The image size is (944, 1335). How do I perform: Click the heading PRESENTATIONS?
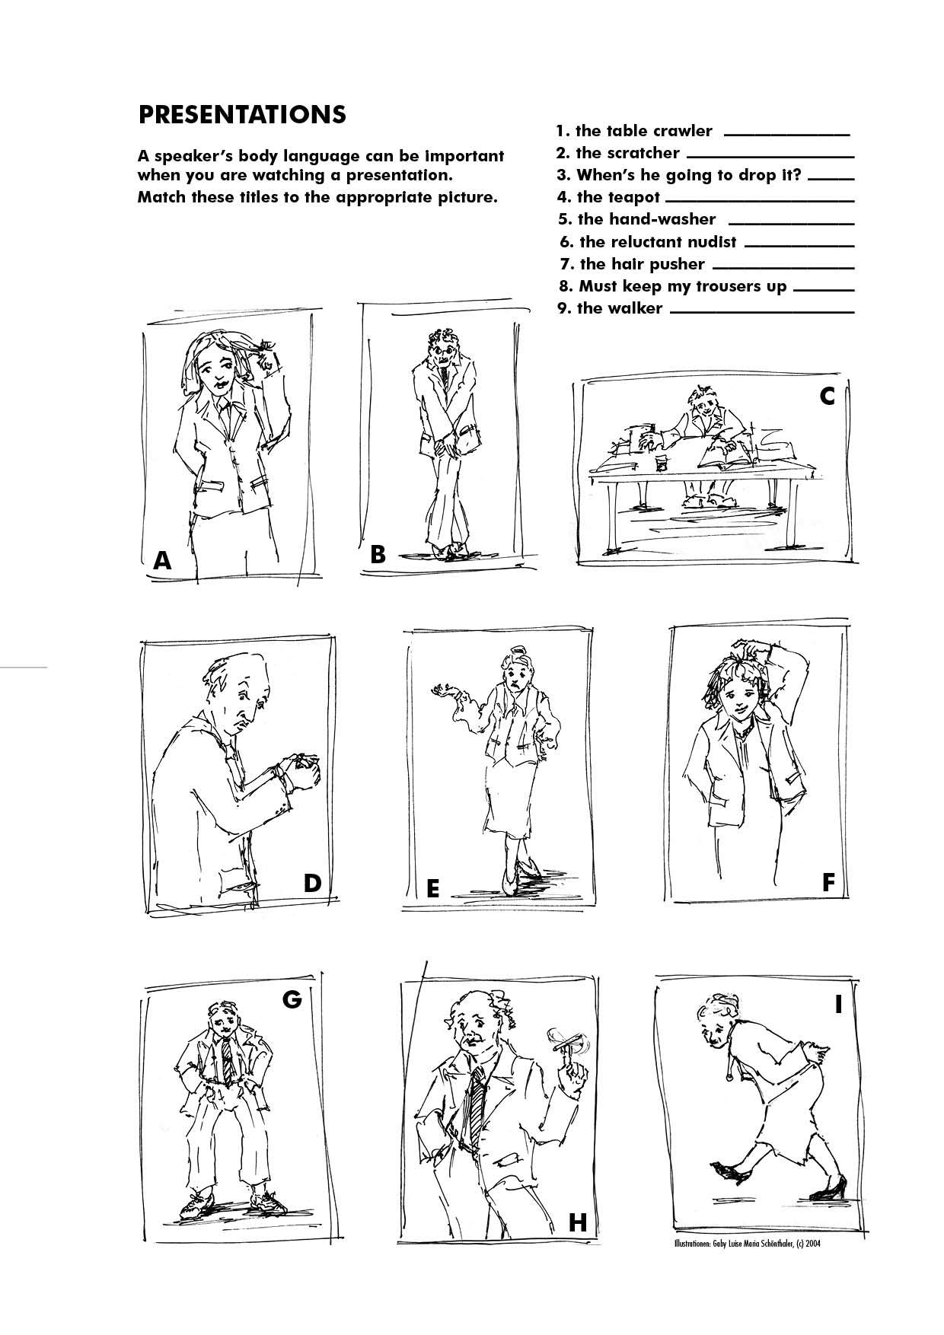pos(241,114)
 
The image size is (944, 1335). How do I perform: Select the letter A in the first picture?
pos(162,561)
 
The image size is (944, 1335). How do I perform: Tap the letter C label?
pos(827,397)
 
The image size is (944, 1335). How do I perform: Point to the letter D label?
pos(312,883)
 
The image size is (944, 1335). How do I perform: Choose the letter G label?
pos(292,999)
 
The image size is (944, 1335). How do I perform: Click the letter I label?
pos(838,1005)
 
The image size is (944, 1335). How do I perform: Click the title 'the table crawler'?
pos(634,131)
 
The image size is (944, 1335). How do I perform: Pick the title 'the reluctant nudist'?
pos(648,242)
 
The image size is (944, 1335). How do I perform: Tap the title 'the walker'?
pos(610,308)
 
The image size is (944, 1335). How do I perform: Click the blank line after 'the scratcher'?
pos(770,158)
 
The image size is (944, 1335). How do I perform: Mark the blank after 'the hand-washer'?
pos(791,224)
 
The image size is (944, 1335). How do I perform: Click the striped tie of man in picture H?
pos(477,1107)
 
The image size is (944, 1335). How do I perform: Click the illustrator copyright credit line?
pos(748,1244)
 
